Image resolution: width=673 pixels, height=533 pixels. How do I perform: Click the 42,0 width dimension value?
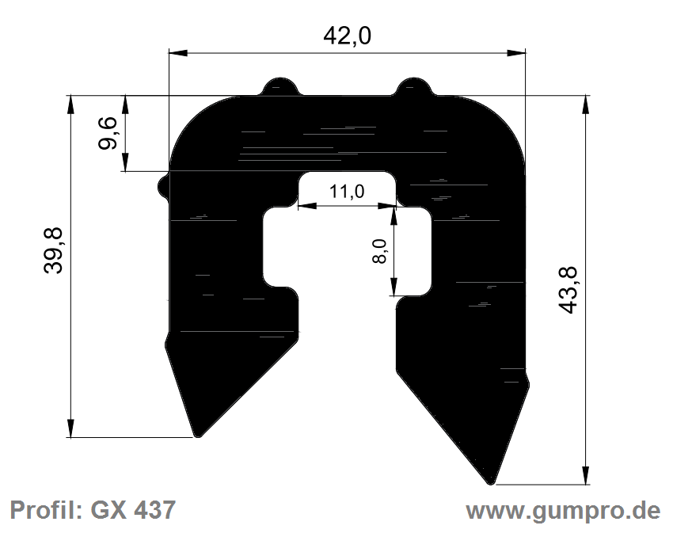(348, 36)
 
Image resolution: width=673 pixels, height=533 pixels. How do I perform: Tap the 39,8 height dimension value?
(55, 249)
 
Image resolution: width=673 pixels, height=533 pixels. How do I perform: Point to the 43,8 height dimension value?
(568, 291)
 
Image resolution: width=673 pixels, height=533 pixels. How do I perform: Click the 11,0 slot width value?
(346, 192)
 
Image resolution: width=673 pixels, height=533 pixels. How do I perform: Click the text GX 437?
(134, 510)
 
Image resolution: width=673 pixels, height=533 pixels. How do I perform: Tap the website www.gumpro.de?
(562, 510)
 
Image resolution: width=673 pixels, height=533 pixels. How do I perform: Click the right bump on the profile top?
(413, 86)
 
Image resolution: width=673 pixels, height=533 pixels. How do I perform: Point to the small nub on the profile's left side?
(164, 186)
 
